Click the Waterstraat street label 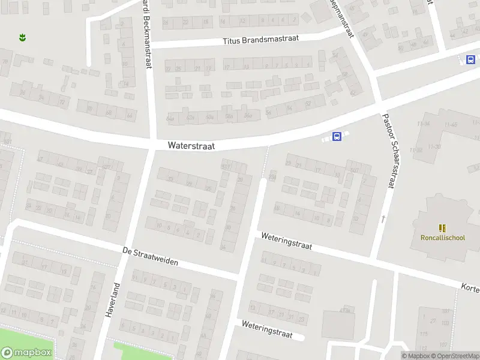pyautogui.click(x=191, y=145)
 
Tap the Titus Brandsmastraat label pyautogui.click(x=260, y=40)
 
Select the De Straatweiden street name pyautogui.click(x=150, y=257)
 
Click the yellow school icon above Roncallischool pyautogui.click(x=442, y=228)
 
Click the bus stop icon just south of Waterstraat pyautogui.click(x=337, y=137)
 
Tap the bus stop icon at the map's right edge pyautogui.click(x=470, y=59)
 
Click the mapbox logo pyautogui.click(x=26, y=353)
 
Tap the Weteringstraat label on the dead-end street pyautogui.click(x=267, y=329)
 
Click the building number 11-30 pyautogui.click(x=434, y=146)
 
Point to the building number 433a pyautogui.click(x=344, y=310)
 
